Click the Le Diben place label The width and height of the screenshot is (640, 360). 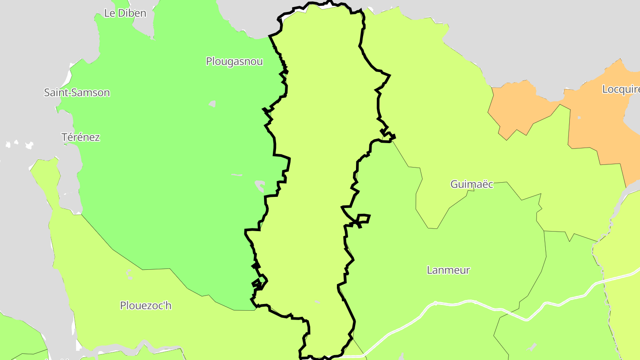pyautogui.click(x=125, y=13)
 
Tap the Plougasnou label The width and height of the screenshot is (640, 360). pyautogui.click(x=234, y=61)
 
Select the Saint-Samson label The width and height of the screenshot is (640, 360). pyautogui.click(x=77, y=92)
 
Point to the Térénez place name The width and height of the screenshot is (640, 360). pyautogui.click(x=80, y=137)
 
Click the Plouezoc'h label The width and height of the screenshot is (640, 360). pyautogui.click(x=146, y=306)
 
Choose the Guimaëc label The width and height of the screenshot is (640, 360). pyautogui.click(x=472, y=184)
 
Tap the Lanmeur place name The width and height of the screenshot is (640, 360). pyautogui.click(x=448, y=270)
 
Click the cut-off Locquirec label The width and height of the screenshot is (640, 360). pyautogui.click(x=620, y=89)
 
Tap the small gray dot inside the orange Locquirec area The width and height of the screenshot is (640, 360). pyautogui.click(x=579, y=118)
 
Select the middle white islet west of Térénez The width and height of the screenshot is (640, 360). pyautogui.click(x=16, y=142)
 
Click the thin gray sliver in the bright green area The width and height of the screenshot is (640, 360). pyautogui.click(x=237, y=175)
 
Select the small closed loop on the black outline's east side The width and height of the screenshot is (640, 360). pyautogui.click(x=363, y=219)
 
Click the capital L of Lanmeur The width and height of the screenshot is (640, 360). pyautogui.click(x=430, y=270)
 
